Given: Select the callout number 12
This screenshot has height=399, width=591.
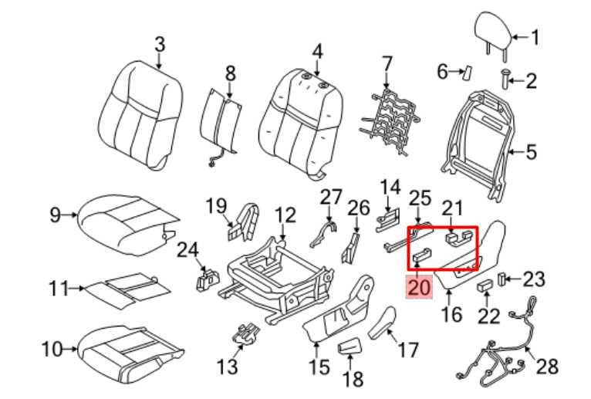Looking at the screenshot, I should tap(285, 214).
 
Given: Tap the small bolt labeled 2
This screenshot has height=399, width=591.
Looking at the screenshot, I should tap(508, 78).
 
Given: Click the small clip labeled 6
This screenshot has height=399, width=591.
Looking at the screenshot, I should tap(466, 73).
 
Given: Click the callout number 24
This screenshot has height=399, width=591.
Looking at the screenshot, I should tap(187, 249).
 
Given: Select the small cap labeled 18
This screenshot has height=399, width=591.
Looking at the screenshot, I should tap(350, 350).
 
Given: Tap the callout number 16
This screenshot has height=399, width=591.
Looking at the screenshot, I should tap(452, 314).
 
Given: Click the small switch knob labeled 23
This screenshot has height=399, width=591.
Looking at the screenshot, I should tap(501, 279).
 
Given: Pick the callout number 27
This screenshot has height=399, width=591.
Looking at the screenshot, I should tap(331, 196).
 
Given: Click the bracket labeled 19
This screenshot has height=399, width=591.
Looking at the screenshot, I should tap(245, 225).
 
